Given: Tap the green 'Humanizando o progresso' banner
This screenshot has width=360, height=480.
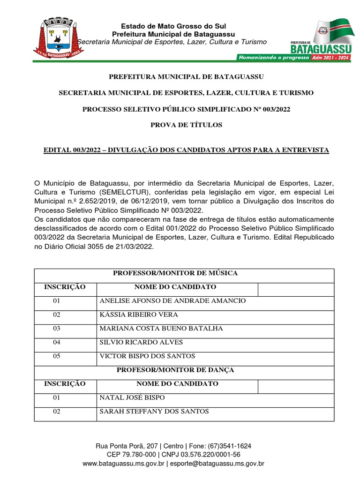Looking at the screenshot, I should [274, 58].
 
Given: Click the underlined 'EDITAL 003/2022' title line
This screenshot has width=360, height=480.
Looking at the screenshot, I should [186, 150].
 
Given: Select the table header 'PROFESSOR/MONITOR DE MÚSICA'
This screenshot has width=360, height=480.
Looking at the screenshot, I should [175, 273].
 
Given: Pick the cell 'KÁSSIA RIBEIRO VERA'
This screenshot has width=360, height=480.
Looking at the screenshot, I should [139, 315].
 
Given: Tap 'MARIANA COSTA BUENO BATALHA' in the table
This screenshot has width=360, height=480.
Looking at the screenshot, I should [161, 328].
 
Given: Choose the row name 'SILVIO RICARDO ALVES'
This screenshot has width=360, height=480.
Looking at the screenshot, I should [141, 342].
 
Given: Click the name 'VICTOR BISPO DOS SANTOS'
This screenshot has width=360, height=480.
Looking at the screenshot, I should [147, 356].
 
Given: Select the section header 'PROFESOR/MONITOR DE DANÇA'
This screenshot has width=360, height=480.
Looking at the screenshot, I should [175, 370].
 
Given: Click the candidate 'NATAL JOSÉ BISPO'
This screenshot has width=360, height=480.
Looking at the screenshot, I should [132, 398].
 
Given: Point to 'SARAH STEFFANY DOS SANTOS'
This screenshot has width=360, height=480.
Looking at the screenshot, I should [154, 412].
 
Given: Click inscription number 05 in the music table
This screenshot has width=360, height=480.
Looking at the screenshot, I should [57, 356].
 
